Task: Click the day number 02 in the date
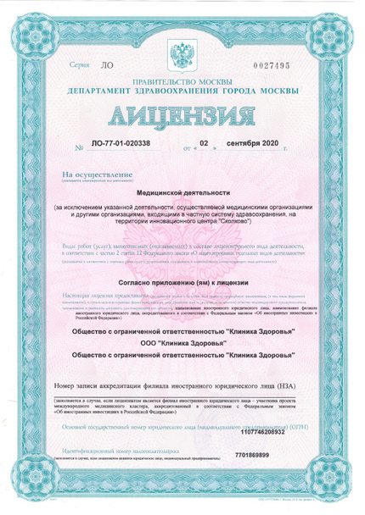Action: tap(202, 143)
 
